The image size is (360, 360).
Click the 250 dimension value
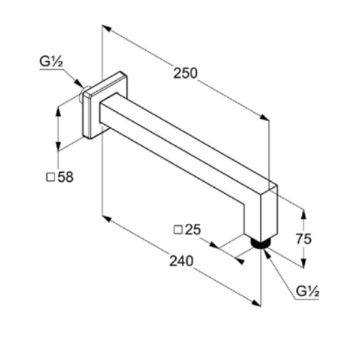(x=185, y=73)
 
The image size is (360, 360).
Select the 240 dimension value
(x=181, y=261)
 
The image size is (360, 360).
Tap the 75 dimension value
(x=303, y=239)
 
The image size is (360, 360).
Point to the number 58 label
(x=65, y=177)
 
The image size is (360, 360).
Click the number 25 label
(x=193, y=229)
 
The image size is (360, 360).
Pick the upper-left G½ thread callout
(x=51, y=62)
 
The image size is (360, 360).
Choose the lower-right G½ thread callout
(x=308, y=292)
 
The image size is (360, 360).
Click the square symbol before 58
(x=50, y=177)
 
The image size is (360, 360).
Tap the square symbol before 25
(x=178, y=230)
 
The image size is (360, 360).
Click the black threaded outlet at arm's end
(x=260, y=244)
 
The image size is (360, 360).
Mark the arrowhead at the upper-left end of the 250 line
(x=107, y=28)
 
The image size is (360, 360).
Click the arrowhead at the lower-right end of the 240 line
(x=256, y=303)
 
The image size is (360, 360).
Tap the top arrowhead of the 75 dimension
(x=304, y=214)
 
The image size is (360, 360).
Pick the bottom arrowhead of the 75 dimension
(x=304, y=263)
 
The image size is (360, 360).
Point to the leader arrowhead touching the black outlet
(x=267, y=253)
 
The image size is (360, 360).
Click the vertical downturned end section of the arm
(x=261, y=214)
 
